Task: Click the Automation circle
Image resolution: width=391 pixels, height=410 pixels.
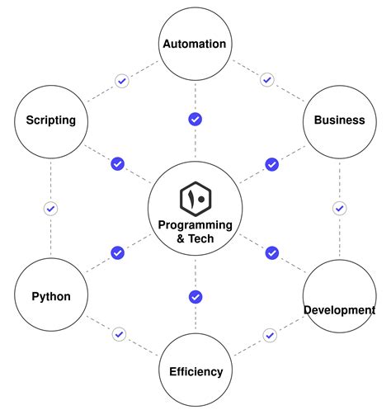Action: tap(195, 44)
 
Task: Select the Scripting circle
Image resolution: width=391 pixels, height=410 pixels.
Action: tap(50, 120)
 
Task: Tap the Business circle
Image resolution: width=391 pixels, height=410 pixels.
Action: tap(339, 120)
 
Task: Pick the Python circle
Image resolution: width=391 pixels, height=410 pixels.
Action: tap(50, 296)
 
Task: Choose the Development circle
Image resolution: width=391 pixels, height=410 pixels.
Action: tap(339, 296)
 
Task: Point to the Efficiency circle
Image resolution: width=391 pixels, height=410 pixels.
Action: tap(195, 371)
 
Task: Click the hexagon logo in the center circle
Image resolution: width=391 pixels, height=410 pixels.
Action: tap(195, 199)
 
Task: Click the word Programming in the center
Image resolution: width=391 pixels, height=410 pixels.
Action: tap(195, 225)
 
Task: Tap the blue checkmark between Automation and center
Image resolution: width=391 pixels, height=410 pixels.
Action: tap(195, 119)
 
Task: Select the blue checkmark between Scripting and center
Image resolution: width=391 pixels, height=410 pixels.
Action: tap(118, 164)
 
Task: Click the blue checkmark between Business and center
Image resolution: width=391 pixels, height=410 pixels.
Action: tap(271, 164)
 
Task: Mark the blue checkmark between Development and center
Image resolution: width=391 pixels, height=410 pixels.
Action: tap(271, 252)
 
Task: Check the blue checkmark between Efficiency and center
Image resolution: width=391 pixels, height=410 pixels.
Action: tap(195, 296)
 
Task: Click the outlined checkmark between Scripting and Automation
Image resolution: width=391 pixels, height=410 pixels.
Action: tap(121, 81)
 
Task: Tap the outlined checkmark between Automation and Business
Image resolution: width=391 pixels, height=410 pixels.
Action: tap(266, 81)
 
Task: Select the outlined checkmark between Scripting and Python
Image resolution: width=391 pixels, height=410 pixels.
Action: tap(50, 208)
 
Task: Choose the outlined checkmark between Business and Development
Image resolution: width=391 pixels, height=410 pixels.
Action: tap(339, 208)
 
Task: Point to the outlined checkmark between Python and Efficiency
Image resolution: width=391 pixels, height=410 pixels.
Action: tap(120, 334)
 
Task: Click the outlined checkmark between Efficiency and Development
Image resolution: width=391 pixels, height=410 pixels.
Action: tap(270, 334)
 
